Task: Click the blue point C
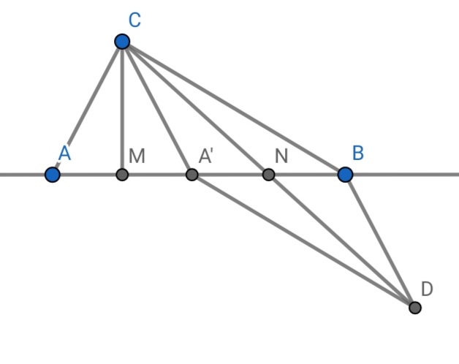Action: [x=122, y=41]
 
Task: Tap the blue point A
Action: [x=52, y=175]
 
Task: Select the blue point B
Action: [x=345, y=175]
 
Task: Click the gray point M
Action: [x=122, y=175]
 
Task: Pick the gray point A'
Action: [x=191, y=175]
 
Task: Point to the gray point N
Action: [x=268, y=175]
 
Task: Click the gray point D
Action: [x=415, y=307]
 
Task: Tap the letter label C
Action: [x=134, y=20]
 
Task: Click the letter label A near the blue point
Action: [x=64, y=153]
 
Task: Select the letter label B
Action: [x=358, y=153]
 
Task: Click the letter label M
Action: [x=137, y=155]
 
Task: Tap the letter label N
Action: [x=282, y=155]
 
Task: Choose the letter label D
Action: [x=427, y=289]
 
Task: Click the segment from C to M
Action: [x=122, y=110]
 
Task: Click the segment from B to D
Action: [x=380, y=241]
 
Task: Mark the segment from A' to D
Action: [x=303, y=241]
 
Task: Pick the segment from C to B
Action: [x=234, y=108]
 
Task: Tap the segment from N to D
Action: [x=342, y=241]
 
